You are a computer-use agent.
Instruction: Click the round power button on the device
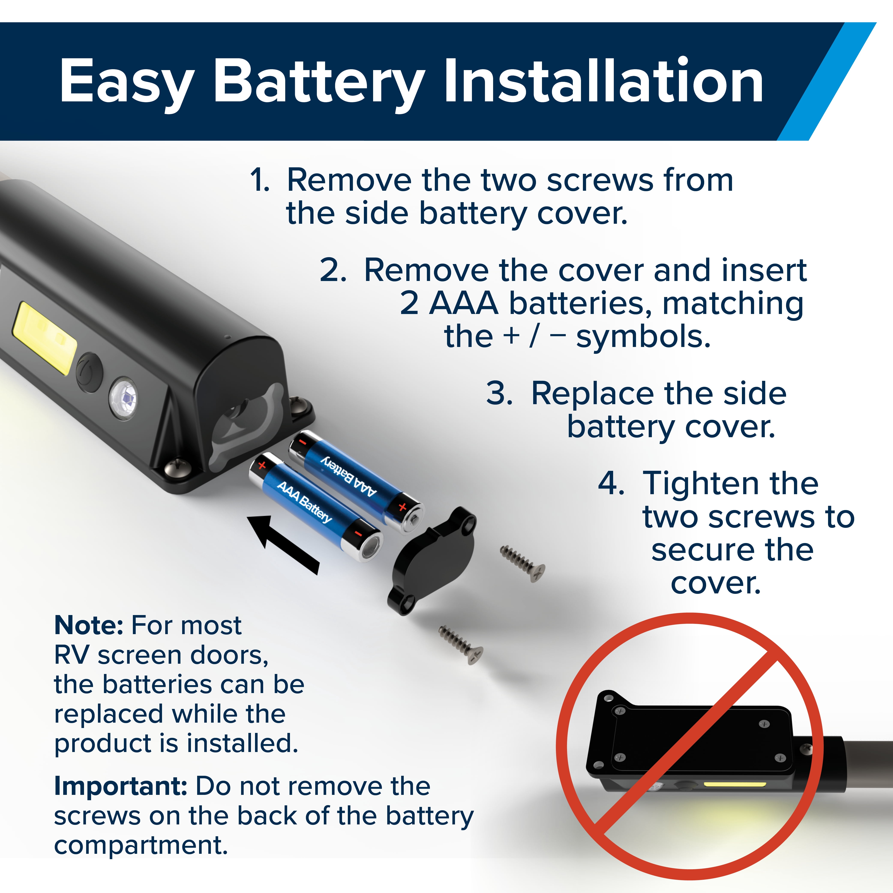(89, 372)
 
